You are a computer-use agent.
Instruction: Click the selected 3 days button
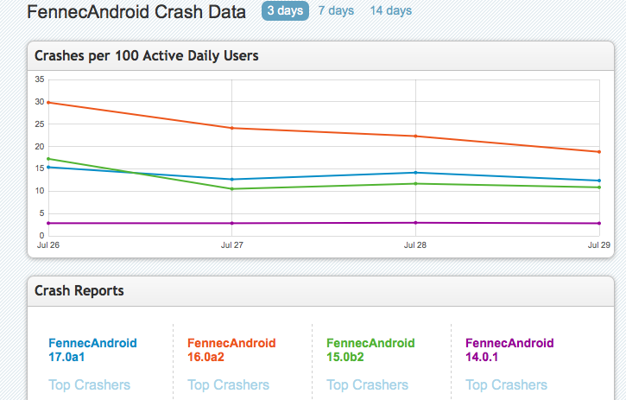click(284, 11)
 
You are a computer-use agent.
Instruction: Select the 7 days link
click(335, 11)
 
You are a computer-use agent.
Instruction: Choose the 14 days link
click(390, 11)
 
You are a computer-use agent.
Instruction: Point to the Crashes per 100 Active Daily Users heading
click(147, 56)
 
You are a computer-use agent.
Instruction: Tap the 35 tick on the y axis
click(40, 79)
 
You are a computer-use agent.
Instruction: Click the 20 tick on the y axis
click(40, 147)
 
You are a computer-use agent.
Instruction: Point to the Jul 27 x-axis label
click(231, 245)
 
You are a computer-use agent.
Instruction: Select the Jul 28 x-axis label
click(415, 245)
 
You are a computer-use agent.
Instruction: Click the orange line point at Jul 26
click(48, 103)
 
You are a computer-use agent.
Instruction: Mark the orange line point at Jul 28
click(415, 136)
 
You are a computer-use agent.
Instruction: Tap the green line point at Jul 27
click(231, 188)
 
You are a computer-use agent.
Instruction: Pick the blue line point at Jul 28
click(415, 172)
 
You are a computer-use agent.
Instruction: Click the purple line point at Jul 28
click(415, 223)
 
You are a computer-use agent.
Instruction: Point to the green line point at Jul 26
click(48, 159)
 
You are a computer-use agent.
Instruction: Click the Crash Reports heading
click(79, 290)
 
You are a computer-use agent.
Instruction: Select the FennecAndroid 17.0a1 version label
click(92, 349)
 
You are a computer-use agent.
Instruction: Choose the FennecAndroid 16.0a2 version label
click(231, 349)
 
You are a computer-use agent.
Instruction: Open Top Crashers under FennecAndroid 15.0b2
click(367, 384)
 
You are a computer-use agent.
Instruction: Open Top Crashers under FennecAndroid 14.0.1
click(506, 384)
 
